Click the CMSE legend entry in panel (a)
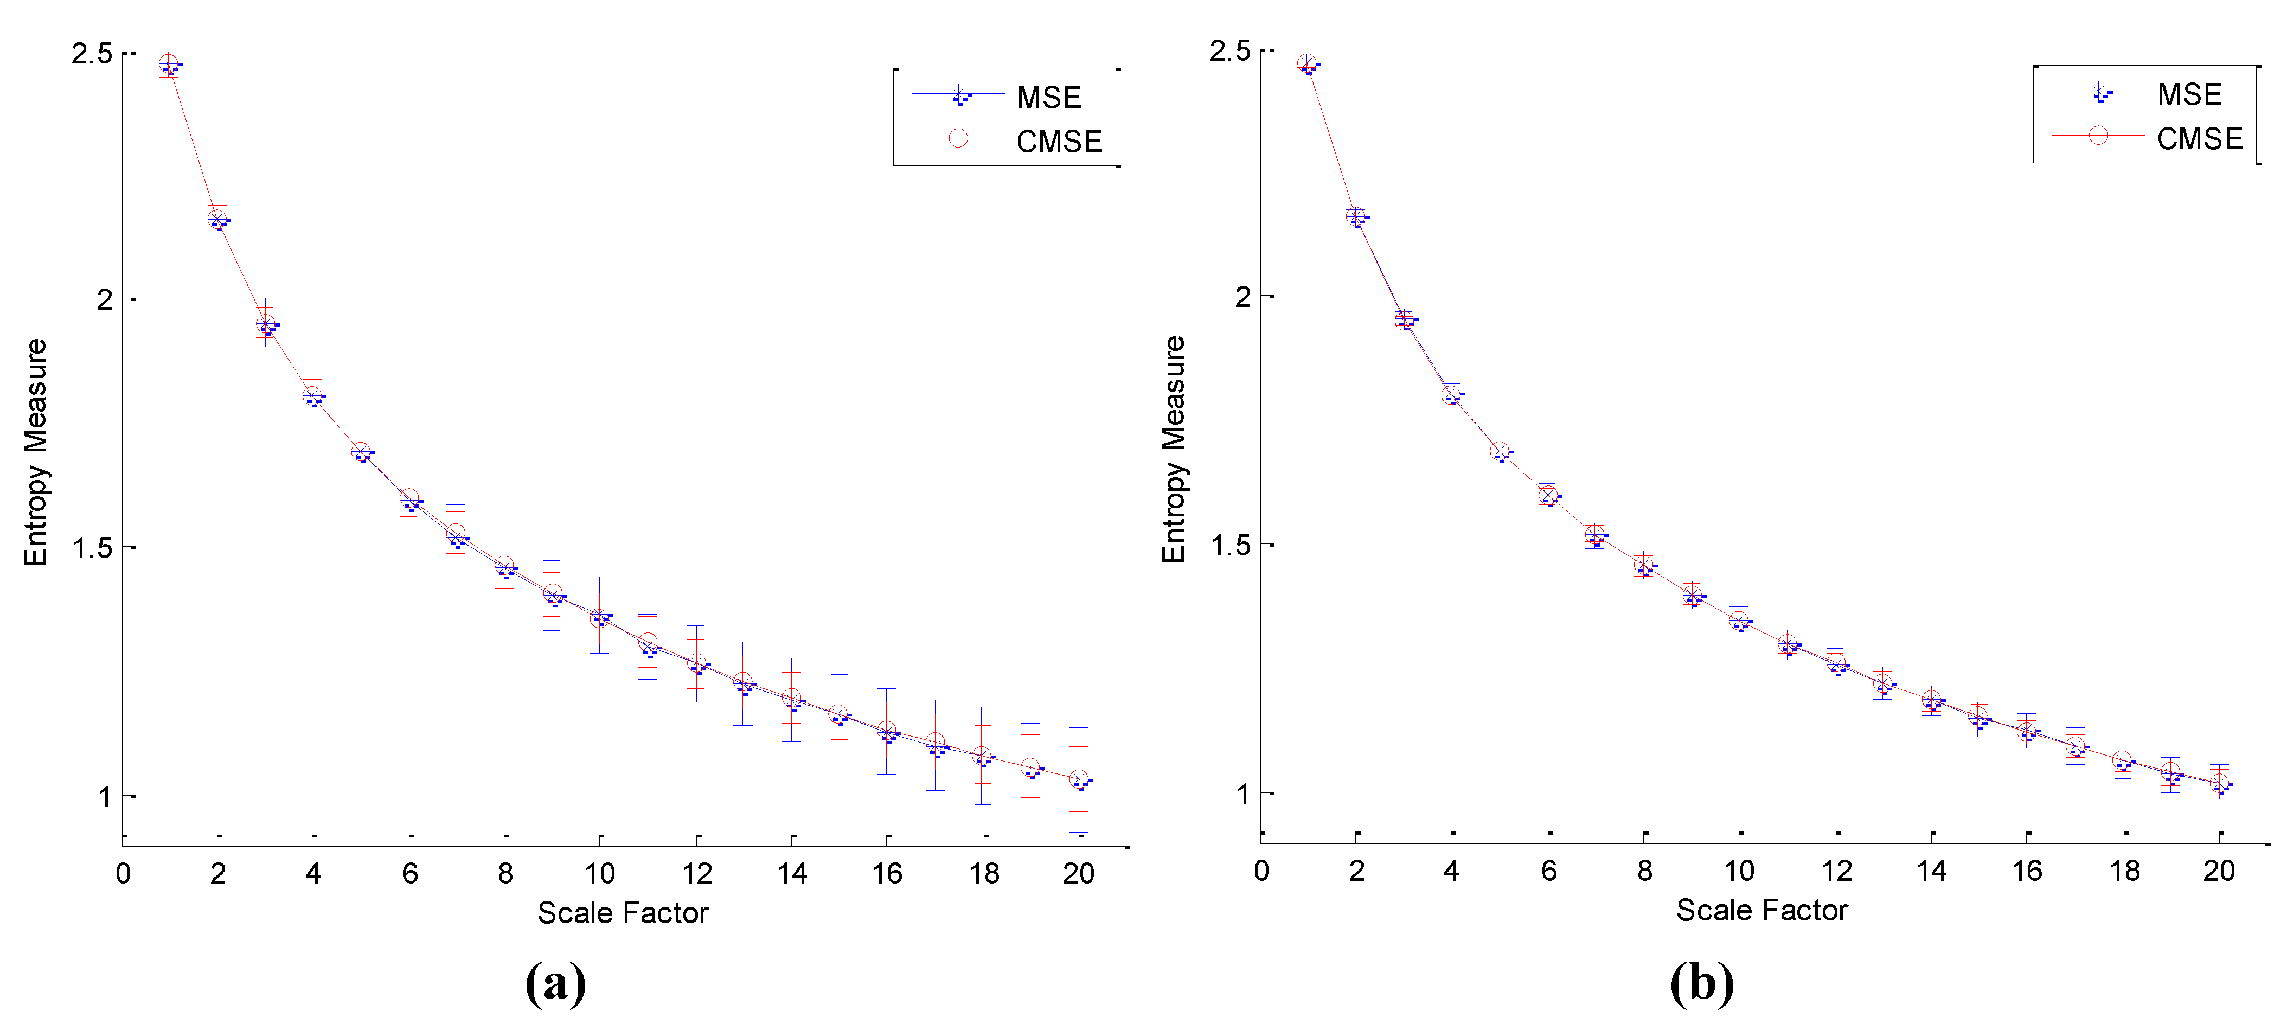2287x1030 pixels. [1058, 141]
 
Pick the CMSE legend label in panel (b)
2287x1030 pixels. [2199, 138]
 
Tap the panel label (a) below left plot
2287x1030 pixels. [556, 983]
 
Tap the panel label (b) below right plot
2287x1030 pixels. [1701, 983]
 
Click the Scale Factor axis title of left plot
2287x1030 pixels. [623, 913]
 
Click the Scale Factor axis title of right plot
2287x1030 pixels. [1761, 910]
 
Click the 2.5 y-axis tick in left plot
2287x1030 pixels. [92, 53]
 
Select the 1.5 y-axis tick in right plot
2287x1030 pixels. [1231, 545]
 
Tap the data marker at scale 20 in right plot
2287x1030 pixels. [2219, 783]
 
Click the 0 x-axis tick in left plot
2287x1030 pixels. [124, 874]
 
